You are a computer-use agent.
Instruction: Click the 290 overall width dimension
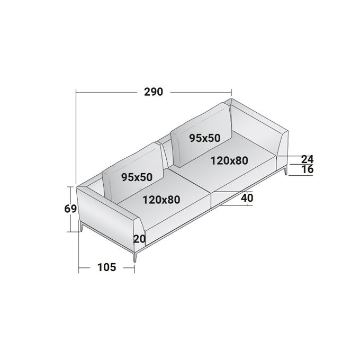click(154, 92)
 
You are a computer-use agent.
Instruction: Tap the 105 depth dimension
click(107, 267)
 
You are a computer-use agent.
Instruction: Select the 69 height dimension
click(70, 209)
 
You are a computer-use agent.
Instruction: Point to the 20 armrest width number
click(139, 239)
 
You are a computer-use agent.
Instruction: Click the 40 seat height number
click(247, 198)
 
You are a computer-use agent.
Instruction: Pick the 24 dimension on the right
click(307, 159)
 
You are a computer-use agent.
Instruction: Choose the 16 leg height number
click(308, 169)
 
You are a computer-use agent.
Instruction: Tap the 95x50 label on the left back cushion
click(137, 177)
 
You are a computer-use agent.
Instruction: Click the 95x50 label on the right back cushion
click(205, 138)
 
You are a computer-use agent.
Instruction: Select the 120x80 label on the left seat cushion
click(161, 200)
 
